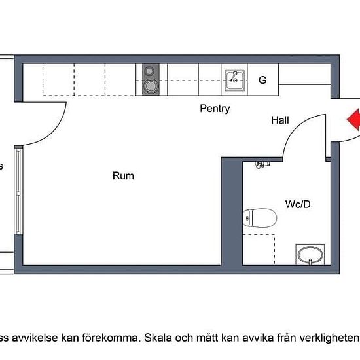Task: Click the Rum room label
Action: click(123, 175)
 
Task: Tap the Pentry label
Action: click(215, 109)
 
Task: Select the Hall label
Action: click(280, 120)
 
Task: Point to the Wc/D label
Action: click(297, 204)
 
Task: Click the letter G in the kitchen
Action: click(262, 81)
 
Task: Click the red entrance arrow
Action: click(353, 120)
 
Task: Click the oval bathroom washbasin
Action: click(310, 254)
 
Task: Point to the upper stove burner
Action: click(151, 71)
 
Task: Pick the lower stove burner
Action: click(151, 85)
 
